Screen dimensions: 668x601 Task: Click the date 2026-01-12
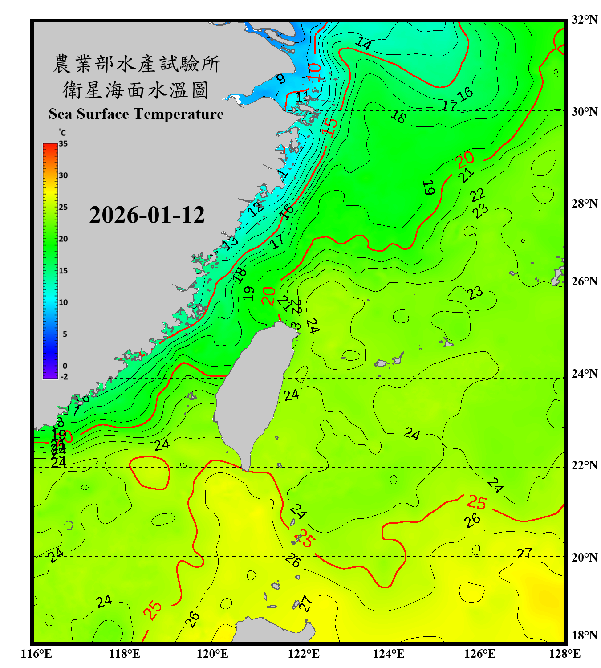[147, 215]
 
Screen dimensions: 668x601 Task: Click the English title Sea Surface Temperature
[136, 114]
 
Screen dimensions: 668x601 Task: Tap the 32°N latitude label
[584, 20]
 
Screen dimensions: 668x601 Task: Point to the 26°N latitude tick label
[584, 281]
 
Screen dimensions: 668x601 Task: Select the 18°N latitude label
[584, 635]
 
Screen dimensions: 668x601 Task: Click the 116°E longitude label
[37, 654]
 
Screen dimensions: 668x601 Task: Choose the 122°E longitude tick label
[304, 654]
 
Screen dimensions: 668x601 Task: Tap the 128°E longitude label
[564, 654]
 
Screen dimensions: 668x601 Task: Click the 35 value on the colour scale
[63, 144]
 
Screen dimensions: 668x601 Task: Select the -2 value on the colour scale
[64, 376]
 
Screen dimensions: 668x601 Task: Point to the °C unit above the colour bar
[62, 133]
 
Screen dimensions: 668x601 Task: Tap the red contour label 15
[330, 127]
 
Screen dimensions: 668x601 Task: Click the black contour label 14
[363, 43]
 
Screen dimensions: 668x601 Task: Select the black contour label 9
[280, 79]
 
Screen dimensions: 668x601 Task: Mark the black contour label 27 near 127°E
[524, 554]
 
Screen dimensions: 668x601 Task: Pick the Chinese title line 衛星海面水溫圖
[136, 90]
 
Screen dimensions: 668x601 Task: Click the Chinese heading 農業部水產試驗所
[137, 64]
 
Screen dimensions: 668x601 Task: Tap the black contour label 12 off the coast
[256, 208]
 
